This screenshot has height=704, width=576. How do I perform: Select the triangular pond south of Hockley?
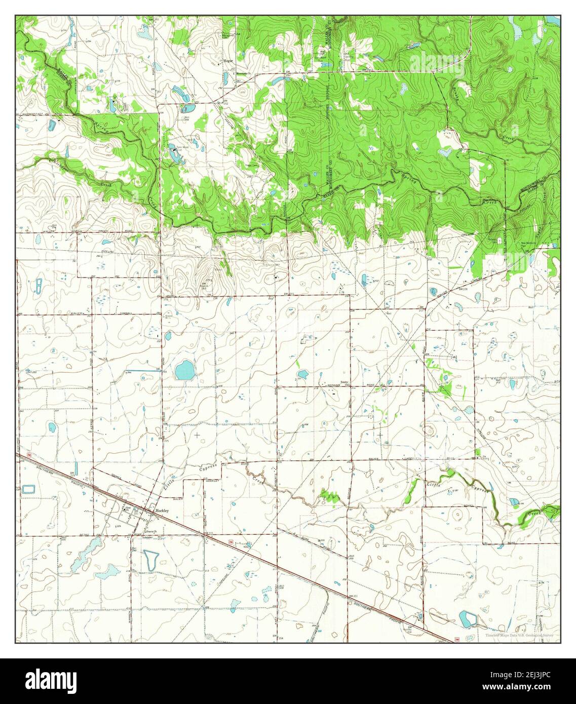tap(150, 559)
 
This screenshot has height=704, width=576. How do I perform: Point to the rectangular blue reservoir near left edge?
tap(29, 489)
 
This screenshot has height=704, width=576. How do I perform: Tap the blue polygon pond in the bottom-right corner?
tap(467, 618)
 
